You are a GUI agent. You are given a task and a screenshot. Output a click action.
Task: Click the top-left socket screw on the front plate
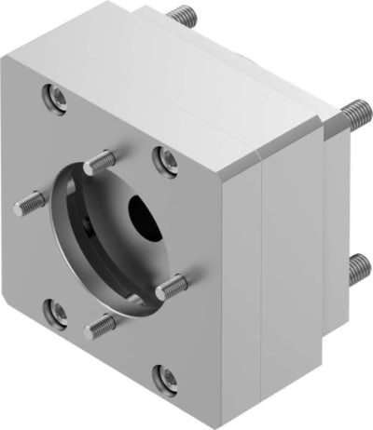pos(57,95)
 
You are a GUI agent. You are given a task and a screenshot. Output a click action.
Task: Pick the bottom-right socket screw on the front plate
pos(167,378)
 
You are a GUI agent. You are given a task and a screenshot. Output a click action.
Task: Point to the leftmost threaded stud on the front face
pos(29,199)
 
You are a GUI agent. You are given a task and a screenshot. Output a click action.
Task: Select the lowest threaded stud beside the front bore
pos(101,325)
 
